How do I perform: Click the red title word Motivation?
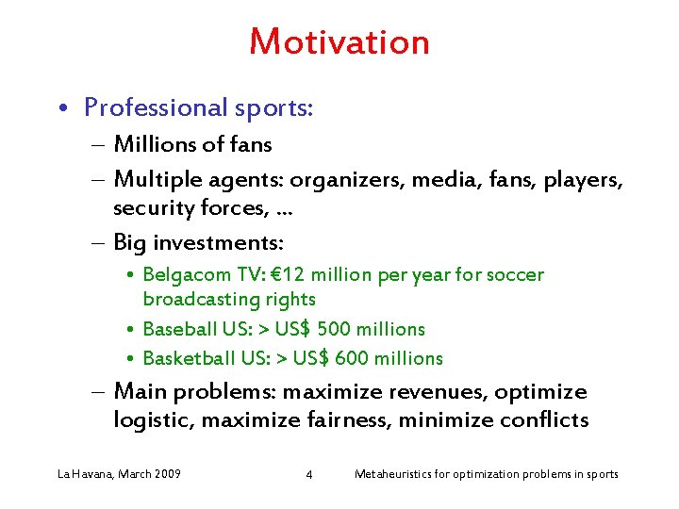[339, 41]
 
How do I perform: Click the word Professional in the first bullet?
[155, 108]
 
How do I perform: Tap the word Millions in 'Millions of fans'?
[154, 144]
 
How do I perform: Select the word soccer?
[515, 275]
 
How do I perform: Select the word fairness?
[356, 420]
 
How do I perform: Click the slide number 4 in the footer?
[309, 474]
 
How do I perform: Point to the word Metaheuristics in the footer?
[394, 473]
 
